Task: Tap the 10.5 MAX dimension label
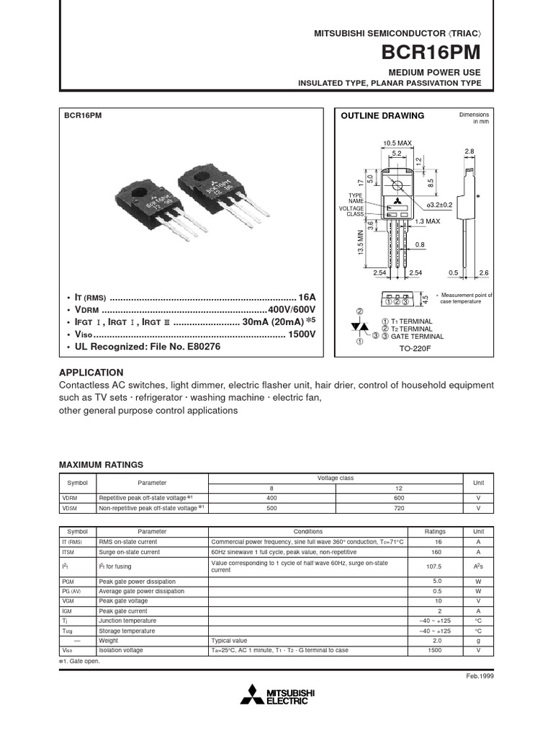(397, 143)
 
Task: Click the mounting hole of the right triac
(201, 177)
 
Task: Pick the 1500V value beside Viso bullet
(302, 334)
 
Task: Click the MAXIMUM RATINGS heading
(101, 465)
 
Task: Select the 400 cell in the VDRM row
(271, 498)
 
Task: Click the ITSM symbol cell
(69, 552)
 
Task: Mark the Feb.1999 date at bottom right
(480, 675)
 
